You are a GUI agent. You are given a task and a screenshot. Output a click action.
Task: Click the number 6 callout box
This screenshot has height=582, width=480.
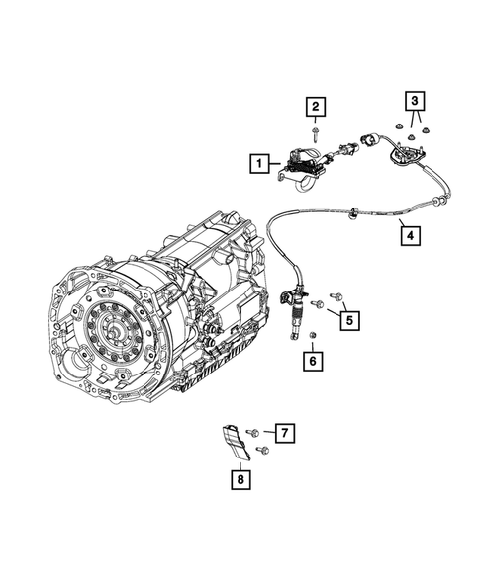(x=312, y=362)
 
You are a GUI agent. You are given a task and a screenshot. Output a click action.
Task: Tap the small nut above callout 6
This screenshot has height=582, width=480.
(x=312, y=339)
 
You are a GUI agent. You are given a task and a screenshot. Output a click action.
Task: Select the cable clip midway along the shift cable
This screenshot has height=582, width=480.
(x=352, y=209)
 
